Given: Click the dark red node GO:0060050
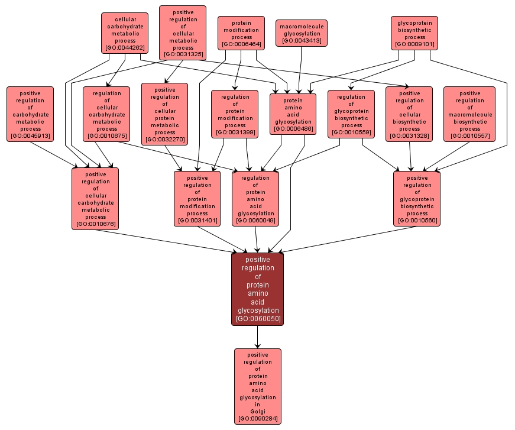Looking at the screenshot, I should coord(257,289).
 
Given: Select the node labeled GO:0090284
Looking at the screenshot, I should coord(257,386).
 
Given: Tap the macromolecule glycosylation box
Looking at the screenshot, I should coord(301,33).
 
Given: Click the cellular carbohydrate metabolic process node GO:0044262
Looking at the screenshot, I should coord(124,33).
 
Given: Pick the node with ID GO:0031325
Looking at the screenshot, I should coord(183,33).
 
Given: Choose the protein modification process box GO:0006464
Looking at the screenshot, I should coord(241,33).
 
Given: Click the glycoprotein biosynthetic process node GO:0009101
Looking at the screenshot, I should coord(414,33).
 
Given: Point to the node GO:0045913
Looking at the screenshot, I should coord(30,115).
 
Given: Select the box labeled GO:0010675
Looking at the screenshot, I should coord(106,115).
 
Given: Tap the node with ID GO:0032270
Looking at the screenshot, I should coord(164,115).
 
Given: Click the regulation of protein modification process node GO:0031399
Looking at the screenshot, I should coord(235,115).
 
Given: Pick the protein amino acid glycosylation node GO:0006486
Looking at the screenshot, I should coord(293,115).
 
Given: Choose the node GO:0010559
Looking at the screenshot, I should coord(351,115).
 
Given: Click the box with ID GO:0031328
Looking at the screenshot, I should coord(409,115).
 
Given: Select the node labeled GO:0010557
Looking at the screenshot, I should coord(469,115).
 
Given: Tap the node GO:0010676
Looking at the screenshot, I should coord(95,199).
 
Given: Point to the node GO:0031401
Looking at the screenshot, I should coord(197,199).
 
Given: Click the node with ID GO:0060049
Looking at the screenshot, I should coord(255,199).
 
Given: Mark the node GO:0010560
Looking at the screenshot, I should coord(417,199).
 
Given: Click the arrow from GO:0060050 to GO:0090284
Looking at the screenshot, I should coord(257,337).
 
